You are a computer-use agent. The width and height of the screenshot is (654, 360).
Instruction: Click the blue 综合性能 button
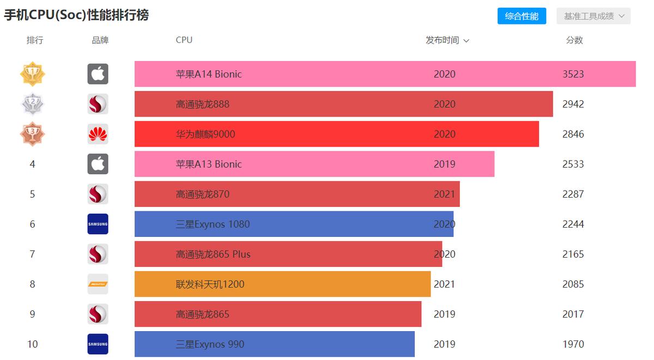click(522, 16)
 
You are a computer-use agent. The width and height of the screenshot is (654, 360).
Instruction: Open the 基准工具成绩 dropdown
click(594, 16)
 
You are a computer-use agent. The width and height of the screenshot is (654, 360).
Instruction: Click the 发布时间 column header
click(447, 40)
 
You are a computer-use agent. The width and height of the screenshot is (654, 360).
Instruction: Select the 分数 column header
click(574, 40)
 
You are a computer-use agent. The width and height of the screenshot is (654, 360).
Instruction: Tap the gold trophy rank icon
click(32, 74)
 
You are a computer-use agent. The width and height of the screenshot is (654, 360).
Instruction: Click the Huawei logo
click(98, 134)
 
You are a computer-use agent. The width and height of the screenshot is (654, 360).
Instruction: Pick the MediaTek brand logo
click(98, 284)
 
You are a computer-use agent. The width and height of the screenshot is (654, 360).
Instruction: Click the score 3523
click(573, 74)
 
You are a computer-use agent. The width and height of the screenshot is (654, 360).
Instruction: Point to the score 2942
click(573, 104)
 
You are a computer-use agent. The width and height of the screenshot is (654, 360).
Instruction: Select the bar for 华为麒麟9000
click(336, 134)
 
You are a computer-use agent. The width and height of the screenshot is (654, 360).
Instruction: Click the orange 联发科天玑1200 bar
click(282, 284)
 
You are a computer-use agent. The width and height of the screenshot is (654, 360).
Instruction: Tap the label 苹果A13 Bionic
click(209, 164)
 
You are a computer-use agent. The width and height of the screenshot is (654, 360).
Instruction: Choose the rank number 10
click(32, 344)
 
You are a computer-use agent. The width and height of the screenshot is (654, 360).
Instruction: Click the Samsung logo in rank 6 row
click(98, 224)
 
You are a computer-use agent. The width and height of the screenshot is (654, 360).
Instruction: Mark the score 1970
click(573, 344)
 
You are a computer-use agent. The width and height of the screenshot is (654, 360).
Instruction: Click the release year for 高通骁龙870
click(444, 194)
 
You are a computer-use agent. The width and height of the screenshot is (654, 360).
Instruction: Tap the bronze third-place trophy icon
click(32, 134)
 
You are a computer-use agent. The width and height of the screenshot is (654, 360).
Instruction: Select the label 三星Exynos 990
click(210, 344)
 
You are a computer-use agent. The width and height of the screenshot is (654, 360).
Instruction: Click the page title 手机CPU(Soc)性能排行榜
click(76, 15)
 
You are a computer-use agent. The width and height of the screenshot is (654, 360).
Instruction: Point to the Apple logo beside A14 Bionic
click(98, 74)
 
